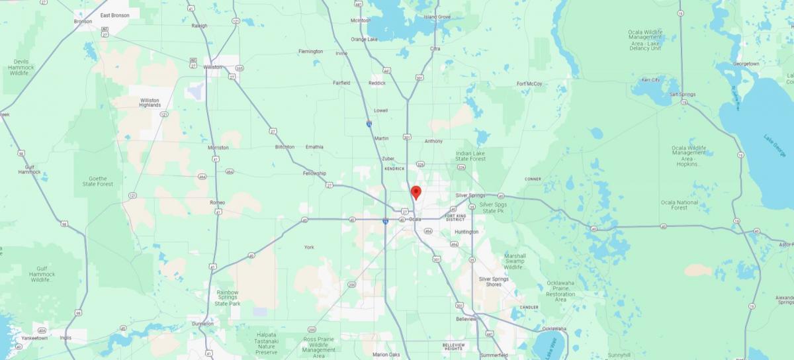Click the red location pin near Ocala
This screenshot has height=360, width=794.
click(416, 193)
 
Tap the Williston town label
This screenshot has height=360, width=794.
click(213, 67)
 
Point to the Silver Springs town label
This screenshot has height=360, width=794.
click(470, 196)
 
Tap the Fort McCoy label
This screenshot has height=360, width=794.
click(529, 84)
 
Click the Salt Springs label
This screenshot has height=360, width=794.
click(682, 95)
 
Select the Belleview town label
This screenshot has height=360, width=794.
click(466, 319)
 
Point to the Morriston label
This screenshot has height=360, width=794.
click(218, 148)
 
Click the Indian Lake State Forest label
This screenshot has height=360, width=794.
click(471, 156)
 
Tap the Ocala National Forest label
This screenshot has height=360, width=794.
click(680, 205)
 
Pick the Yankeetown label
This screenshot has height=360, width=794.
click(34, 337)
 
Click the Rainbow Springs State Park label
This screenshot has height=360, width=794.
click(228, 297)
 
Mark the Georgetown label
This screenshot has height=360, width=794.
click(746, 64)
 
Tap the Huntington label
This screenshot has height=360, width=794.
click(466, 232)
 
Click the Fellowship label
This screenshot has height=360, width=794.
click(314, 173)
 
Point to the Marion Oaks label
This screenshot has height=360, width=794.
click(386, 354)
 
